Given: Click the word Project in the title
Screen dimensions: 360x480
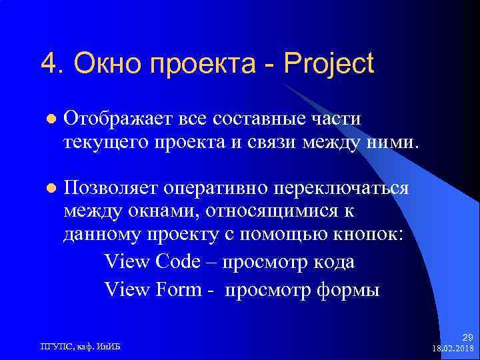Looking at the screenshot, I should point(329,64).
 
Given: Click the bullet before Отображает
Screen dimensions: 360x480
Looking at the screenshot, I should point(49,119).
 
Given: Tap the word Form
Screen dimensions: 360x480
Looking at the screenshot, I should point(178,291).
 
